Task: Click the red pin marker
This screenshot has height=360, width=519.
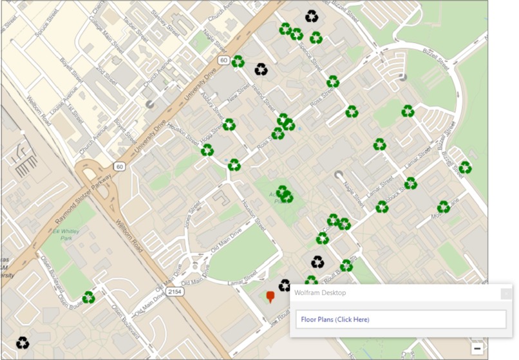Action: point(270,296)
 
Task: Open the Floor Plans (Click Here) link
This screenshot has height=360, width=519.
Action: point(335,319)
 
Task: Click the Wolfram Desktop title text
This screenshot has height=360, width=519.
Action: point(320,293)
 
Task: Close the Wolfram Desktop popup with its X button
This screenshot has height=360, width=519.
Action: point(505,294)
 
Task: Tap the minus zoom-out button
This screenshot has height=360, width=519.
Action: point(477,348)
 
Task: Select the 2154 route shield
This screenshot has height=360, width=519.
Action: point(174,292)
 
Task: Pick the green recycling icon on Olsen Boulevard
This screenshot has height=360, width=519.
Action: point(89,298)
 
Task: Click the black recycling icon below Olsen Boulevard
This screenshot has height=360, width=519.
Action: point(23,343)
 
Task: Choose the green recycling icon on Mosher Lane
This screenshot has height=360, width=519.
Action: point(443,207)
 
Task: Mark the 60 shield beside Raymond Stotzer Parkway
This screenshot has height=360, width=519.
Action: point(119,167)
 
